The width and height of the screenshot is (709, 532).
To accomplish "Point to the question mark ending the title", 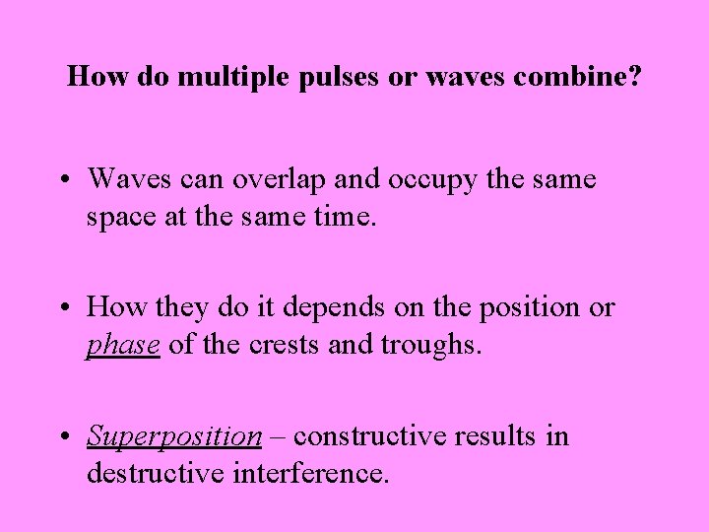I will (x=635, y=76).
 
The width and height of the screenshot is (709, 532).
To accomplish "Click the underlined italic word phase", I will (x=123, y=345).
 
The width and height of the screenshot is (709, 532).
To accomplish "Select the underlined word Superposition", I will (x=173, y=436).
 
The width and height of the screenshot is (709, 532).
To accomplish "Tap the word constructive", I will (x=361, y=436).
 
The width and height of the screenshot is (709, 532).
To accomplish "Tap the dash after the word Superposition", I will (x=278, y=436).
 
